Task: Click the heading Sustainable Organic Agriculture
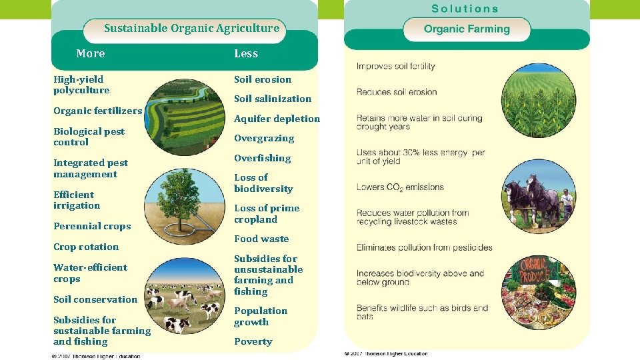pyautogui.click(x=191, y=28)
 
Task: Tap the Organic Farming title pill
pyautogui.click(x=467, y=29)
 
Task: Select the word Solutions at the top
pyautogui.click(x=465, y=9)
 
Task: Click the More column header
pyautogui.click(x=90, y=53)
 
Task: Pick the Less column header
pyautogui.click(x=245, y=53)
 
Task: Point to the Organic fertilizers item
pyautogui.click(x=97, y=111)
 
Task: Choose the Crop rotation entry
pyautogui.click(x=86, y=247)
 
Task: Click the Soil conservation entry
pyautogui.click(x=95, y=299)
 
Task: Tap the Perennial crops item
pyautogui.click(x=92, y=226)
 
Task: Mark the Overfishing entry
pyautogui.click(x=262, y=158)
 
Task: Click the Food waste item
pyautogui.click(x=261, y=239)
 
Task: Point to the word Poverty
pyautogui.click(x=253, y=341)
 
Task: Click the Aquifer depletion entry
pyautogui.click(x=277, y=119)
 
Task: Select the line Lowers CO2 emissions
pyautogui.click(x=400, y=187)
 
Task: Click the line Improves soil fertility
pyautogui.click(x=395, y=66)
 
